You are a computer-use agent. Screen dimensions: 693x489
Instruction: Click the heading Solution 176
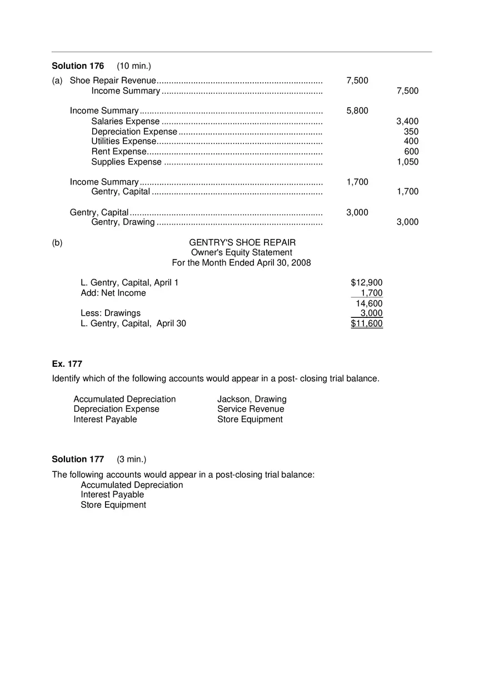pos(78,66)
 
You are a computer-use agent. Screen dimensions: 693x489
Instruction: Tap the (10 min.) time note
pos(134,66)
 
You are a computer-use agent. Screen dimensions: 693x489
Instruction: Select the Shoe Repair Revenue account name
pos(113,81)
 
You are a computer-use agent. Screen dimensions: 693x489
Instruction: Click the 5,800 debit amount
pos(357,111)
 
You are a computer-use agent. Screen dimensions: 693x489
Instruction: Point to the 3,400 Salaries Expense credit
pos(407,121)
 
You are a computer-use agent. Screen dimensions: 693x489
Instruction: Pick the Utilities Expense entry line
pos(123,141)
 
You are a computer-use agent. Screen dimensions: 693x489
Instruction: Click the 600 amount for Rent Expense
pos(411,151)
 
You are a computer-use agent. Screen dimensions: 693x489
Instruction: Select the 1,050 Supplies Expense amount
pos(407,162)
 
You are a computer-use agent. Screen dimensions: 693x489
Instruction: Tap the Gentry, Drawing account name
pos(123,222)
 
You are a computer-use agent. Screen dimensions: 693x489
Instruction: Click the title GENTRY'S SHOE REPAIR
pos(242,242)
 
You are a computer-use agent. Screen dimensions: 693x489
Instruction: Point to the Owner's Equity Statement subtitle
pos(242,252)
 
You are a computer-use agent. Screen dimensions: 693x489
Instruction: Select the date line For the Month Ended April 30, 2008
pos(242,262)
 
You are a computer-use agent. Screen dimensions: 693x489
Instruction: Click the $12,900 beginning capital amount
pos(367,283)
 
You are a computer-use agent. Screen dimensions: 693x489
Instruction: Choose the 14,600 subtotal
pos(369,303)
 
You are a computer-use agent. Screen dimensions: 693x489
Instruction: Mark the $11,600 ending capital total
pos(367,323)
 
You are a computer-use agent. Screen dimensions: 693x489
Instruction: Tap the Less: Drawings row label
pos(111,313)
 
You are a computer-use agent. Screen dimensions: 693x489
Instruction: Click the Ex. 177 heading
pos(67,364)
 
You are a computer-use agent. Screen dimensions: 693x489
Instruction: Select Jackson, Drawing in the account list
pos(252,399)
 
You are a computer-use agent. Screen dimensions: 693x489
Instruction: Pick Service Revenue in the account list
pos(251,409)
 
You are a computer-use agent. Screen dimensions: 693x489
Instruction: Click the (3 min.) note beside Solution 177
pos(132,459)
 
